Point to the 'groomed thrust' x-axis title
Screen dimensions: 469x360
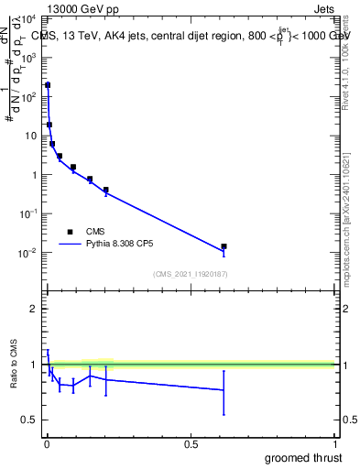coord(305,457)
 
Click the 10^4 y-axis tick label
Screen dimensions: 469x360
coord(27,19)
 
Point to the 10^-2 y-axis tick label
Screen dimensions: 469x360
coord(27,253)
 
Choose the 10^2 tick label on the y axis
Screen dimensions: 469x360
coord(27,96)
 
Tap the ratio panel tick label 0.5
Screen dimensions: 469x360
coord(30,420)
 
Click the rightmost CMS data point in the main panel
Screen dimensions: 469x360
coord(224,246)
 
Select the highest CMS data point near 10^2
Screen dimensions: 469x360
coord(48,85)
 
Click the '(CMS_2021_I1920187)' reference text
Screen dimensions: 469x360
coord(191,274)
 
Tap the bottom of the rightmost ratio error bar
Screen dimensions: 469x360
coord(224,415)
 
